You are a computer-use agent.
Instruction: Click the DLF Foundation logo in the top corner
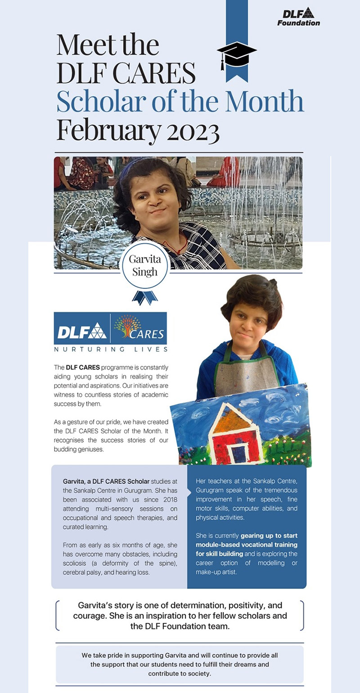pos(298,17)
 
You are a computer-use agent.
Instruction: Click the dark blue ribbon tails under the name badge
pos(145,297)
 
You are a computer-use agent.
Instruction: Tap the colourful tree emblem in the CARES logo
pos(127,326)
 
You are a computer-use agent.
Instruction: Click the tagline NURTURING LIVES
pos(110,349)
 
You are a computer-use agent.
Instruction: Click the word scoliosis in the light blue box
pos(79,563)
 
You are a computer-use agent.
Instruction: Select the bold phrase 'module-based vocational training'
pos(247,545)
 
